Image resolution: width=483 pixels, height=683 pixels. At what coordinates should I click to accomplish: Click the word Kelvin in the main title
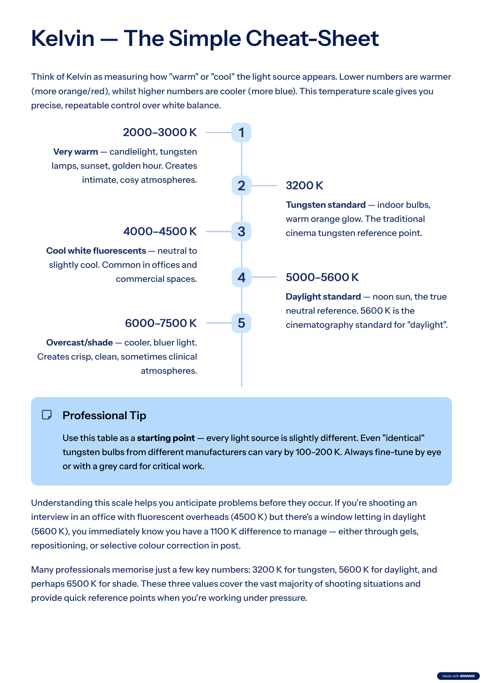tap(63, 39)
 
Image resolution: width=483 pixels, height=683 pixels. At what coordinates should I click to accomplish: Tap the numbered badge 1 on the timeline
tap(241, 132)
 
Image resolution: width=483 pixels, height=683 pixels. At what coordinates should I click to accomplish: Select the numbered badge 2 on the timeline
tap(241, 185)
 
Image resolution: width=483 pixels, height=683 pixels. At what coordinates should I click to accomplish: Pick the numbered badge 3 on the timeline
tap(241, 231)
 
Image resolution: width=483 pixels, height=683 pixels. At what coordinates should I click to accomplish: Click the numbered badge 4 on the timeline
tap(241, 277)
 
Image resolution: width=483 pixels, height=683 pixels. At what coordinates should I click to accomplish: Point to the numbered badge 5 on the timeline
tap(241, 323)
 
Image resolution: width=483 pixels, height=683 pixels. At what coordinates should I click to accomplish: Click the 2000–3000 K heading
tap(160, 132)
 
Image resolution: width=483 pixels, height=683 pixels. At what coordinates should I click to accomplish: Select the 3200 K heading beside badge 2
tap(304, 185)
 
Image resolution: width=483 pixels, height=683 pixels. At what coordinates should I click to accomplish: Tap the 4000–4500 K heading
tap(160, 231)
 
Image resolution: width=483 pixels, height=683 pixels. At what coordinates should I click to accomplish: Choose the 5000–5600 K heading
tap(322, 277)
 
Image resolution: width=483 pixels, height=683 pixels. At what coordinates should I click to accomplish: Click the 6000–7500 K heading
tap(161, 323)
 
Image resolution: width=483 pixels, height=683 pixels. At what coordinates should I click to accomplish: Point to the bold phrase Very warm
tap(75, 152)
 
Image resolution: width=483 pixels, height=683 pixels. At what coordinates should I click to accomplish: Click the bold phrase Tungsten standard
tap(326, 205)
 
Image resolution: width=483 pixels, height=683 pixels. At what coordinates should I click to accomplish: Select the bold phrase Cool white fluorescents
tap(96, 251)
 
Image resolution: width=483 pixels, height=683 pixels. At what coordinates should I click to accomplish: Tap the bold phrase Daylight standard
tap(323, 297)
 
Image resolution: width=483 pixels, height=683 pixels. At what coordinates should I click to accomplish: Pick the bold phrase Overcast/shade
tap(79, 343)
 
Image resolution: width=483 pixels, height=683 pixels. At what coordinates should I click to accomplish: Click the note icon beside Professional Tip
tap(47, 415)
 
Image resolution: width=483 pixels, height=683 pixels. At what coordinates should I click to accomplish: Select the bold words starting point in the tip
tap(166, 438)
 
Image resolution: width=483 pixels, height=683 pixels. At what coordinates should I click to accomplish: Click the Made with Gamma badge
tap(458, 676)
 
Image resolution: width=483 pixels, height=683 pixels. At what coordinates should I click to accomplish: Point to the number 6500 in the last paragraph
tap(78, 584)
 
